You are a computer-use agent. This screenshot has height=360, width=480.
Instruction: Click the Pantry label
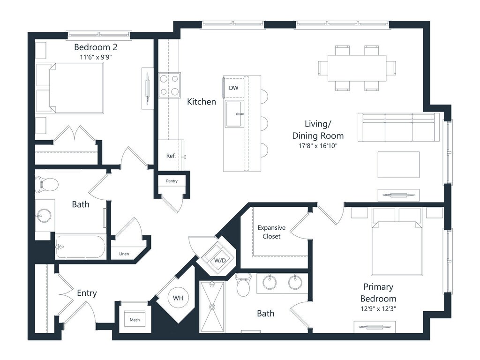[x=172, y=181]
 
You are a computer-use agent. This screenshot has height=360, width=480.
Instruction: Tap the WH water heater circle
[x=178, y=298]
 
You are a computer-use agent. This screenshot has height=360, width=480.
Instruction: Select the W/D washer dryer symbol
[x=216, y=258]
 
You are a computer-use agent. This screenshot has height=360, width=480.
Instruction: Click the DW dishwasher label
[x=233, y=88]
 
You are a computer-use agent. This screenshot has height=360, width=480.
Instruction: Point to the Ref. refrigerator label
[x=171, y=156]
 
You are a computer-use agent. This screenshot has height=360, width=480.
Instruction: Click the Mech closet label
[x=135, y=320]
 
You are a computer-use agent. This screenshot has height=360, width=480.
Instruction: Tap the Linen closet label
[x=124, y=254]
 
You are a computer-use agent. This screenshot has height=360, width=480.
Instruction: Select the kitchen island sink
[x=235, y=114]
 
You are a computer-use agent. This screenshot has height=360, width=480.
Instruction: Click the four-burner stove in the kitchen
[x=169, y=85]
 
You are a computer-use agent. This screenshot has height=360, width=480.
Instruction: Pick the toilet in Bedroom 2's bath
[x=46, y=184]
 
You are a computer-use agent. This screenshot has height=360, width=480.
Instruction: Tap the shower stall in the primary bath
[x=212, y=307]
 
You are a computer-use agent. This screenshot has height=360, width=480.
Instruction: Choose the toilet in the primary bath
[x=243, y=285]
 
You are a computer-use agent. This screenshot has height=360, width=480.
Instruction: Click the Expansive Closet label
[x=271, y=232]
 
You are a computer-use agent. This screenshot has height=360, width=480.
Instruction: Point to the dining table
[x=357, y=68]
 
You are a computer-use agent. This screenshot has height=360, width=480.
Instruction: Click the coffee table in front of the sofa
[x=398, y=165]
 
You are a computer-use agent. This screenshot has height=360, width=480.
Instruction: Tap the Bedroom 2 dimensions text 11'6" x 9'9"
[x=96, y=57]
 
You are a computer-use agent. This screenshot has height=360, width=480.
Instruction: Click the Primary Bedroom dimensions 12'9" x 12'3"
[x=378, y=308]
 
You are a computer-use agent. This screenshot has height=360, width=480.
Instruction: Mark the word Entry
[x=87, y=293]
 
